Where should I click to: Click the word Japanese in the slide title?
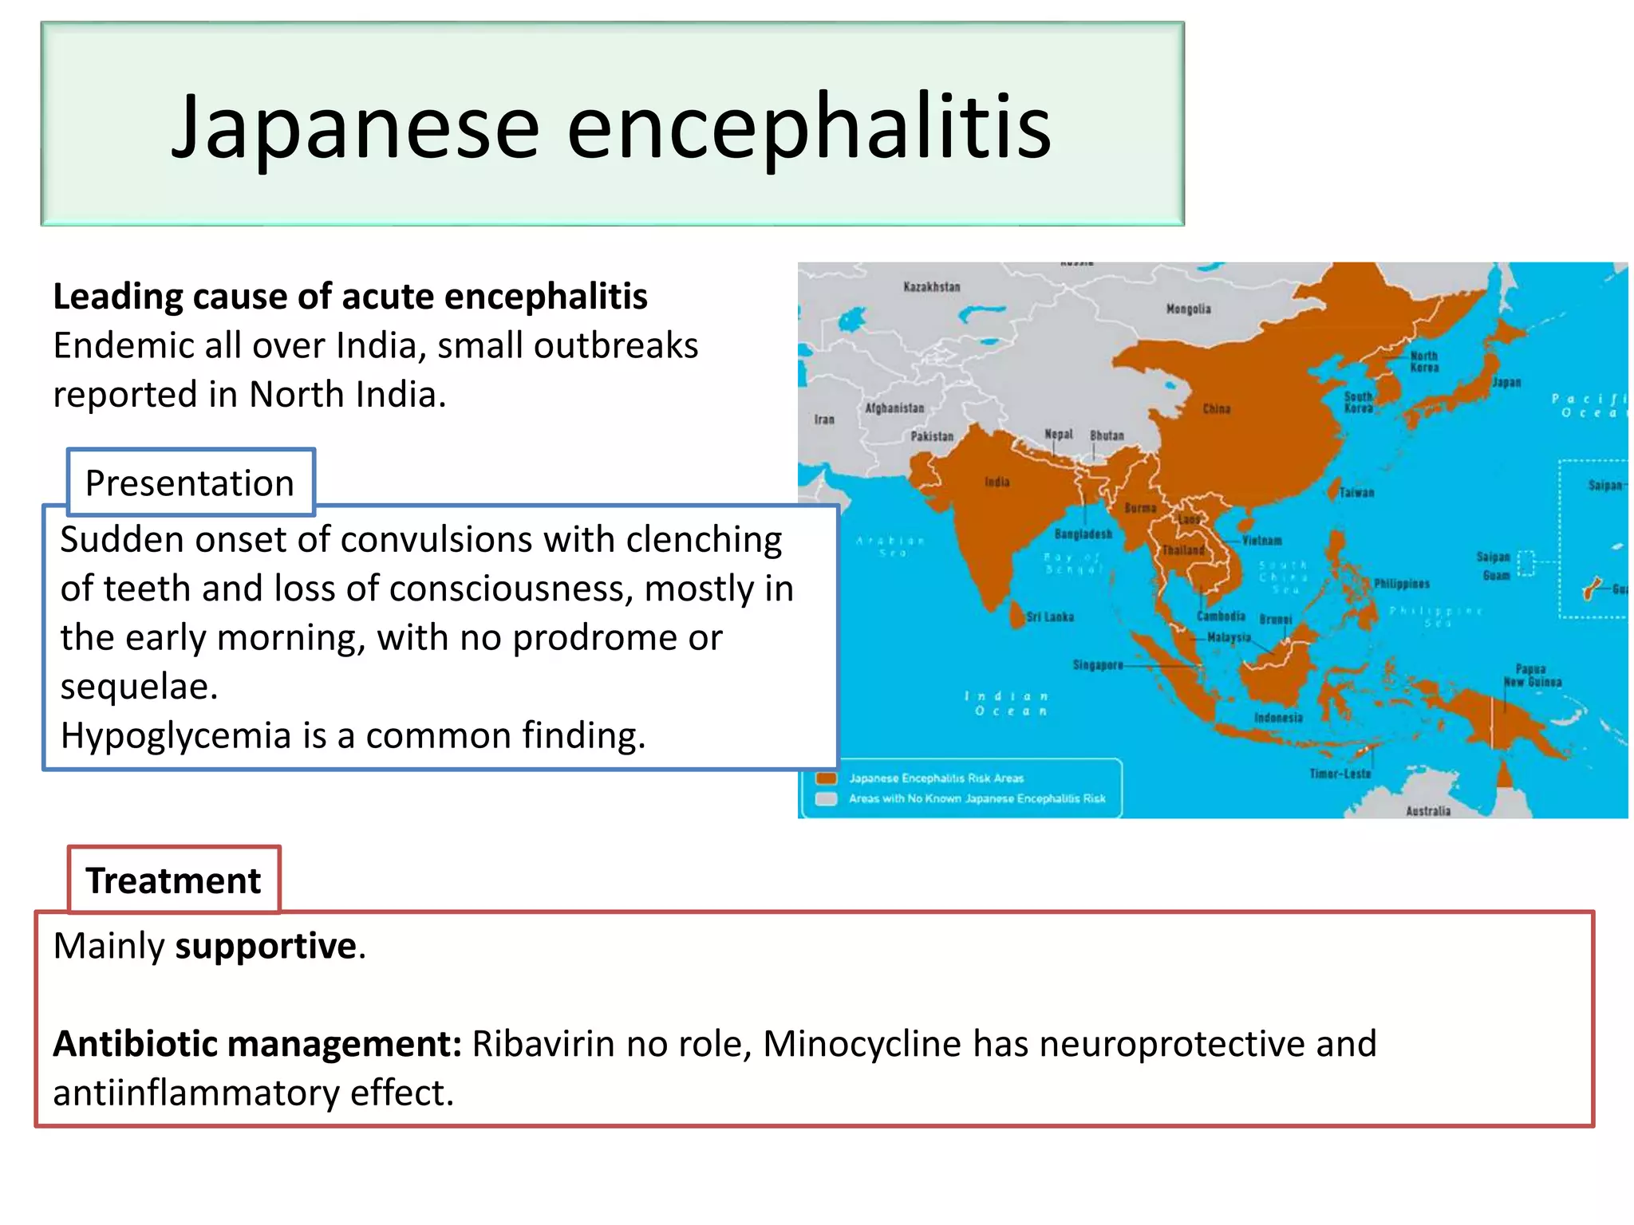(x=356, y=128)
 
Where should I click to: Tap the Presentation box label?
(x=190, y=483)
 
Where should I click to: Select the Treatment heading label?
(x=173, y=880)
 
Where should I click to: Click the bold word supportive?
(x=266, y=946)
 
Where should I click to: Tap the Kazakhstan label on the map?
(x=931, y=287)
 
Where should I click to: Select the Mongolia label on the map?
(x=1188, y=309)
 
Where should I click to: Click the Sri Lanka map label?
(x=1050, y=617)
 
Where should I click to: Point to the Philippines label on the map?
(x=1402, y=584)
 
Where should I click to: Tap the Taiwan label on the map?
(x=1356, y=493)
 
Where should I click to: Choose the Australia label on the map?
(x=1428, y=811)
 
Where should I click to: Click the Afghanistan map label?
(x=894, y=408)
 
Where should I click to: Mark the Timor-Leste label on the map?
(x=1340, y=774)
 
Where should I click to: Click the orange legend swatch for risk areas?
(x=827, y=778)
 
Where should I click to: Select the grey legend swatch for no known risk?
(x=827, y=798)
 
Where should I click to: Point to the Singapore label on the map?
(x=1098, y=665)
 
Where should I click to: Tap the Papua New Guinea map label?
(x=1532, y=676)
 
